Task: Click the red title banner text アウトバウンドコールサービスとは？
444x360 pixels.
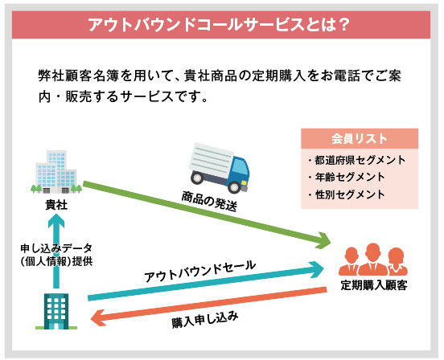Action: [219, 25]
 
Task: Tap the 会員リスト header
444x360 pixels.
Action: [359, 139]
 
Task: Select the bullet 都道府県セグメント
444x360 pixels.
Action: [357, 160]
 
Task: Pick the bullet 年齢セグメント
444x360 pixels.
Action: [347, 177]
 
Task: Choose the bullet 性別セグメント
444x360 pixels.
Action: [347, 194]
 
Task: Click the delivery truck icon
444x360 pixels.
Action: [220, 168]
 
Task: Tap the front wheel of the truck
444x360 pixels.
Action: [235, 186]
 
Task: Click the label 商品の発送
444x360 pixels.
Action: [209, 202]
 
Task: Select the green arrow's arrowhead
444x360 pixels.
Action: [324, 240]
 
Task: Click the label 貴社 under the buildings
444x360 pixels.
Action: [56, 205]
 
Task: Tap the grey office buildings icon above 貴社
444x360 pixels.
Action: [56, 172]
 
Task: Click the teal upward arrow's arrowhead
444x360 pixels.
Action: [56, 221]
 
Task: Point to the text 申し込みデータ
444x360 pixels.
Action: [56, 248]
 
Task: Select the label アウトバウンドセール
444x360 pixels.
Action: [200, 271]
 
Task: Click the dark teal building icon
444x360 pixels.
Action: [56, 311]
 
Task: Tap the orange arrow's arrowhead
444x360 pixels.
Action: [98, 318]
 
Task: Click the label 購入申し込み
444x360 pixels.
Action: [205, 320]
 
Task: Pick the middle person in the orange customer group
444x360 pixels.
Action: [373, 260]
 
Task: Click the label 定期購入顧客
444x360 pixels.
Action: [374, 285]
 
